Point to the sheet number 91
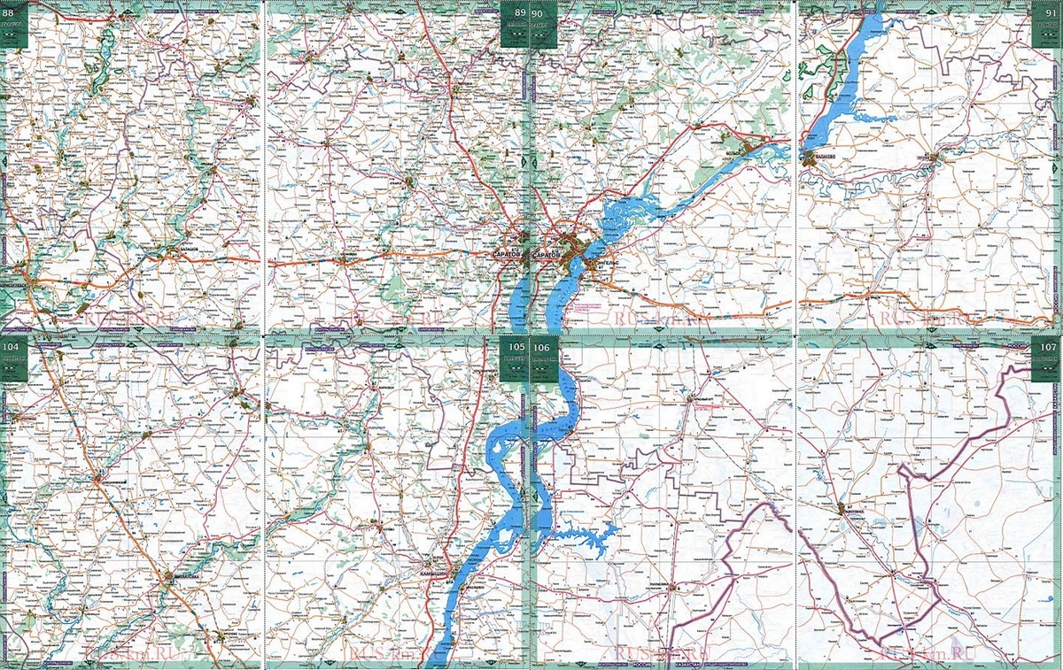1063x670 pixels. [1048, 12]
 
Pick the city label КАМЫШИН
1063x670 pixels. [434, 575]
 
